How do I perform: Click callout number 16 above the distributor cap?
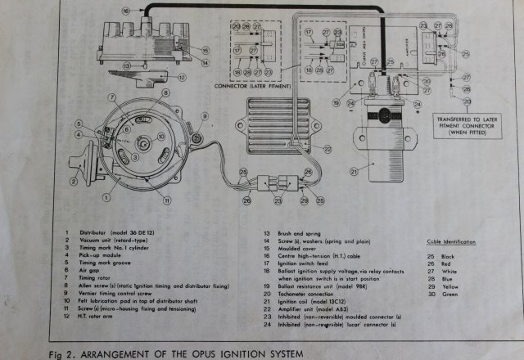tap(125, 11)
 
